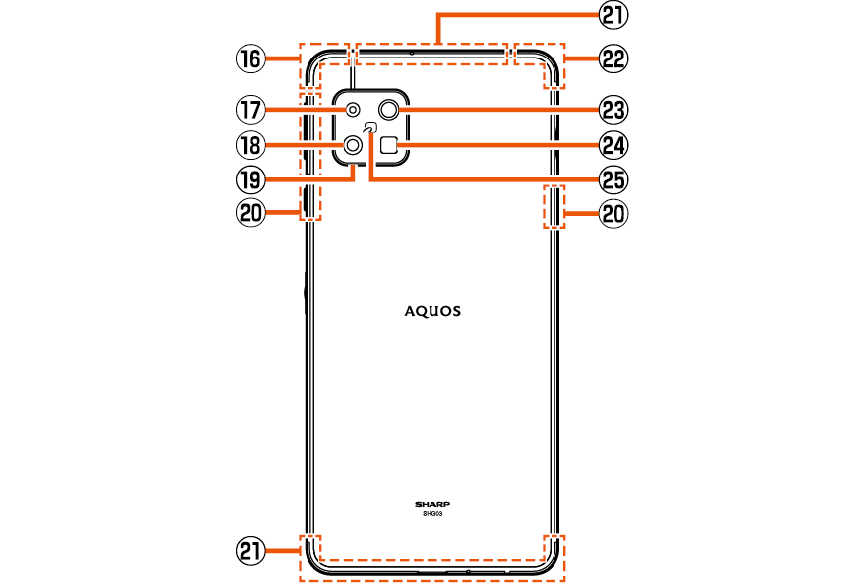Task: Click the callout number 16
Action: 248,59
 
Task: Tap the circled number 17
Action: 248,108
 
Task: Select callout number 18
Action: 248,145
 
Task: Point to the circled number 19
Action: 248,179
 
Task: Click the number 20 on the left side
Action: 248,213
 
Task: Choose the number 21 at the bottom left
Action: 248,549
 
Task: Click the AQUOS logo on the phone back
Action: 431,311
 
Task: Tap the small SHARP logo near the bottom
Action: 431,504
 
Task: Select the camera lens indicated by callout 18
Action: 354,146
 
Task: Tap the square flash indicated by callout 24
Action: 390,145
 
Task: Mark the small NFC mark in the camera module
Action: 371,127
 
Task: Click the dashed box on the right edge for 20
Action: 554,205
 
